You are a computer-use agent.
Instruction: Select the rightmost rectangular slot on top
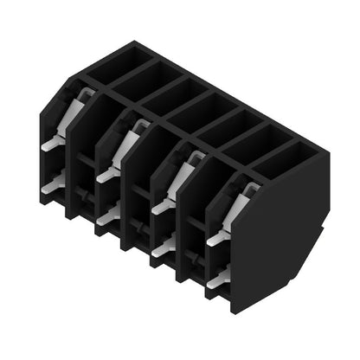click(x=282, y=156)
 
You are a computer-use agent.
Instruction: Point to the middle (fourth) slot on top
click(x=198, y=107)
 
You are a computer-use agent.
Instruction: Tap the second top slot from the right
click(x=254, y=139)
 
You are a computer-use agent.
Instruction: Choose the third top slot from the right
click(x=226, y=123)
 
